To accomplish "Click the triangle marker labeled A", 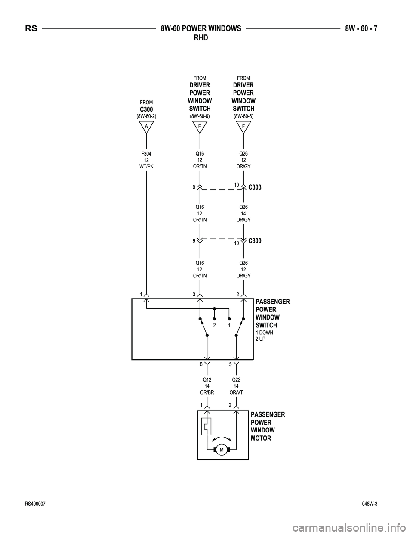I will tap(146, 126).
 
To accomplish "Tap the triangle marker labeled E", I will tap(200, 126).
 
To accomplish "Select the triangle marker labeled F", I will tap(243, 126).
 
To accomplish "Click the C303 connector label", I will tap(255, 187).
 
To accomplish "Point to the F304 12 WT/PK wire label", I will tap(146, 160).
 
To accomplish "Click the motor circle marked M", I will tap(222, 450).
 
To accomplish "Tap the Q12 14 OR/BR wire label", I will tap(207, 386).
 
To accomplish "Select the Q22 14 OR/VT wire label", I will tap(236, 386).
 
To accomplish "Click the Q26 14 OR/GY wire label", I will tap(243, 213).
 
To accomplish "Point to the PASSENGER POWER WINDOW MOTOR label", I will tap(267, 426).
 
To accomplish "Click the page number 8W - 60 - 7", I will tap(364, 29).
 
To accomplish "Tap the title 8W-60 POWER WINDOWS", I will tap(200, 29).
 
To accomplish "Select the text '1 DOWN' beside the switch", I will tap(264, 333).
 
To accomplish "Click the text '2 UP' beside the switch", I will tap(261, 339).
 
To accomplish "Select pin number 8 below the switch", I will tap(201, 364).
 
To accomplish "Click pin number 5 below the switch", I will tap(230, 364).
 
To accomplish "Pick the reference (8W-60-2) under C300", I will tap(146, 116).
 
